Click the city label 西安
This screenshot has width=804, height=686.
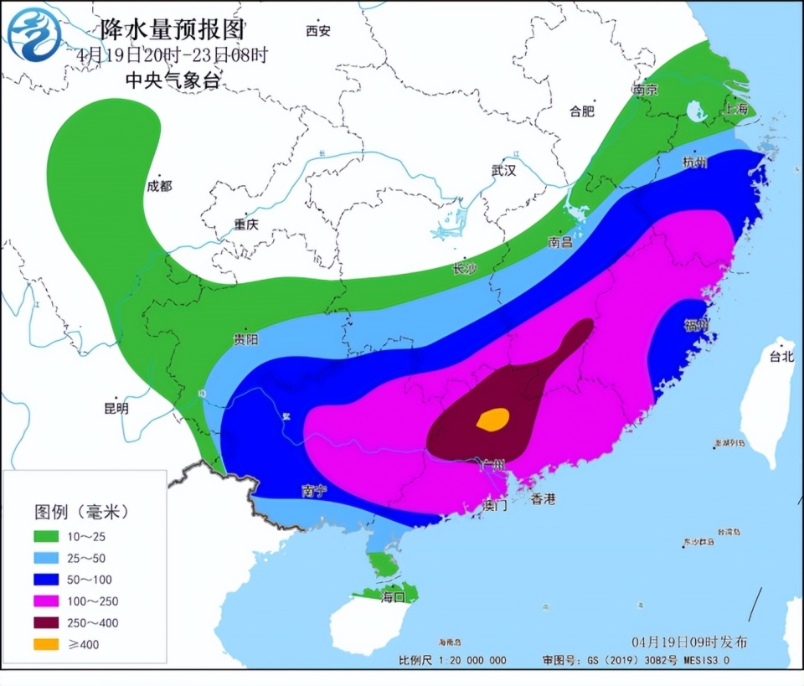pyautogui.click(x=318, y=31)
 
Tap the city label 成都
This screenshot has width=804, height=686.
pyautogui.click(x=159, y=186)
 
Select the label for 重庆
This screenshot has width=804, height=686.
pyautogui.click(x=247, y=224)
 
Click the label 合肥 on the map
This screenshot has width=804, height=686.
pyautogui.click(x=581, y=110)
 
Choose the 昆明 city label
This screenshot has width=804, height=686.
pyautogui.click(x=116, y=409)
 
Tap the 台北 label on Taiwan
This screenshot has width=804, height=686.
pyautogui.click(x=781, y=356)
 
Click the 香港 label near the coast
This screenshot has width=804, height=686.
pyautogui.click(x=543, y=499)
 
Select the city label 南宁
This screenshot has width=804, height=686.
pyautogui.click(x=314, y=491)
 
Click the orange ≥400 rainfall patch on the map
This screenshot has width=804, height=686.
pyautogui.click(x=493, y=419)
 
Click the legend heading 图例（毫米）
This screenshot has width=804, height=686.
pyautogui.click(x=82, y=511)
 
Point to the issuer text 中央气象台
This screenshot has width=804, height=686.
pyautogui.click(x=173, y=81)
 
